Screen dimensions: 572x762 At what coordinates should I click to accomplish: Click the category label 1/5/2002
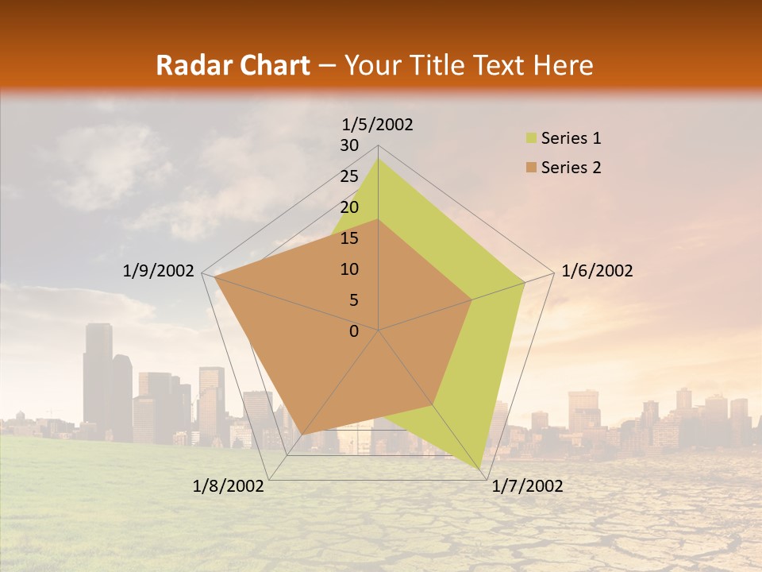[377, 124]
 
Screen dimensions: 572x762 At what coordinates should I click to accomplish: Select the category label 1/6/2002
[597, 271]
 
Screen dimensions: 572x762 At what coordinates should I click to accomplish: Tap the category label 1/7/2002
[527, 486]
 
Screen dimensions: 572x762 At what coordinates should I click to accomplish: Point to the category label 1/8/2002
[229, 486]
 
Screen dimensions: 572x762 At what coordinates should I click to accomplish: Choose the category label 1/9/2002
[159, 271]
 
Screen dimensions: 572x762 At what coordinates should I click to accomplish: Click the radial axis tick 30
[349, 145]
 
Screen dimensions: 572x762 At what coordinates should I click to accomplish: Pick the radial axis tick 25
[349, 176]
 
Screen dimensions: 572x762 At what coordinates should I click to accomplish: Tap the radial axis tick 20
[349, 207]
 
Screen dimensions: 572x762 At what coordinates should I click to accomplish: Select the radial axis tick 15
[349, 238]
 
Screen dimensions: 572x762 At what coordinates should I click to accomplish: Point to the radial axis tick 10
[349, 269]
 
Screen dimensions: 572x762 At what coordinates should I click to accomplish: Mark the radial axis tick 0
[354, 331]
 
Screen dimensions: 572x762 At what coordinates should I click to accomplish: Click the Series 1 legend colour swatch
[530, 139]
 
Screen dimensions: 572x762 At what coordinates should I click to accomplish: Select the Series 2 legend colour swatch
[530, 168]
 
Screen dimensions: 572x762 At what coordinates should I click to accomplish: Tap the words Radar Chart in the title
[233, 65]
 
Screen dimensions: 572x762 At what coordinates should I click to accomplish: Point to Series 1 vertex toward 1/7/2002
[482, 468]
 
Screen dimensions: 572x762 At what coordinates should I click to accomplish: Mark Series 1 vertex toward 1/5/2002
[378, 158]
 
